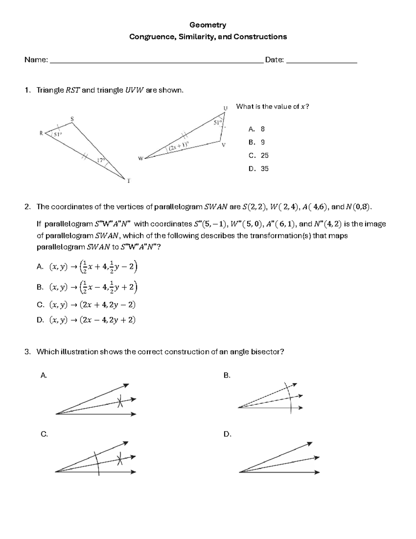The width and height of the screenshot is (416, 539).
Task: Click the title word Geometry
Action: pos(208,25)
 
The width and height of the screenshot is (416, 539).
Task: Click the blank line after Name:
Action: pos(156,62)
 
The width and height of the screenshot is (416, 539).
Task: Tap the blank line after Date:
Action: pos(322,62)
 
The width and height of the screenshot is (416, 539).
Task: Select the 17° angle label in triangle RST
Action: pos(101,160)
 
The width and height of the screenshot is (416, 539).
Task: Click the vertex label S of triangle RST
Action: pos(72,119)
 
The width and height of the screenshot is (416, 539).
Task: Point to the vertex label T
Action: pos(129,181)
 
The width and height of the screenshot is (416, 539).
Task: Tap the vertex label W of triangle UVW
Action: pos(141,159)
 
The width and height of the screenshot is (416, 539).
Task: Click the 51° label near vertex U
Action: pos(217,123)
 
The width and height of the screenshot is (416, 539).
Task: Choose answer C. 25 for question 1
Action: pos(259,155)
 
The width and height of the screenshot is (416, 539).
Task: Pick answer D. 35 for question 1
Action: pos(259,169)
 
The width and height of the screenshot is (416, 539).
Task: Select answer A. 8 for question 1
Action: pos(257,129)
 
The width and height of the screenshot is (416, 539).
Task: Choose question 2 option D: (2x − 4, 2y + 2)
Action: pos(92,320)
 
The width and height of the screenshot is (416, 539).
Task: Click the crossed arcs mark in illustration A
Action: pos(120,402)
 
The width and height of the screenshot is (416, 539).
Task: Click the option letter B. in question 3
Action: pos(227,376)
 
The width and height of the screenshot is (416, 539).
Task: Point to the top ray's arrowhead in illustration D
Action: pos(310,444)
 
